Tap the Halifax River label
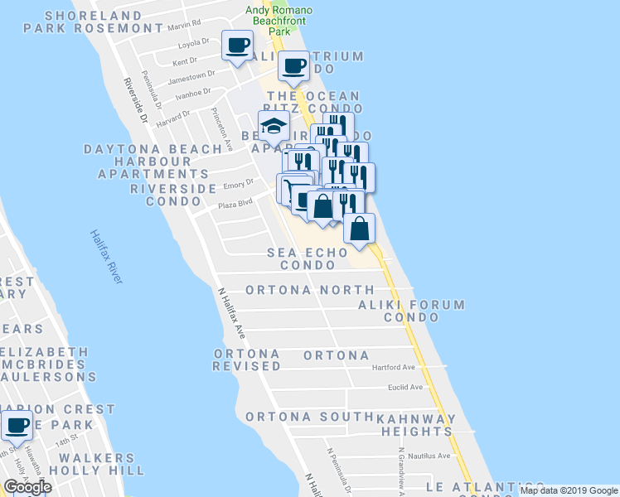pos(107,257)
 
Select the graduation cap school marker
pos(274,126)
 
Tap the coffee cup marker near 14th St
pos(17,426)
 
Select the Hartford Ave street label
pos(393,367)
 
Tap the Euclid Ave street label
pos(405,387)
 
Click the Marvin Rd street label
pos(184,24)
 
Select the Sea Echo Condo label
pos(301,258)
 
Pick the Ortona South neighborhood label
pos(308,417)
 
